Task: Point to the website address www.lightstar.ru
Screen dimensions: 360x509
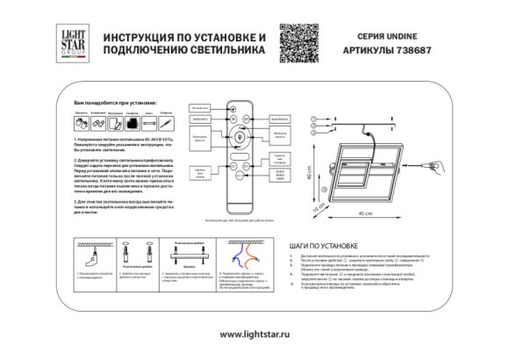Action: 254,334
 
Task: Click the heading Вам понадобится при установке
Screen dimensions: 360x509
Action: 106,104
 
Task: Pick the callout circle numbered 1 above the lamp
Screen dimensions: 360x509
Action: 312,118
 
